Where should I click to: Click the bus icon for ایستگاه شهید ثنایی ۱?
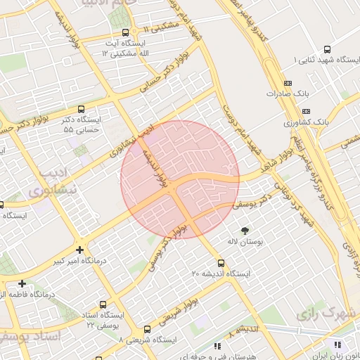click(x=328, y=49)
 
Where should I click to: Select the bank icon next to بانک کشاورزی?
click(x=306, y=111)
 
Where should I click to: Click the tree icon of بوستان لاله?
click(x=245, y=231)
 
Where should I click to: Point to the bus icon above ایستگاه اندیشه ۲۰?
click(x=221, y=262)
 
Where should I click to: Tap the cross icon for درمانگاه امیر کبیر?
click(x=80, y=250)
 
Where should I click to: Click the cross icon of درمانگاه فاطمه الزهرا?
click(x=22, y=283)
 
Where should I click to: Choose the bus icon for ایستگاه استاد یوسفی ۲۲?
click(x=103, y=304)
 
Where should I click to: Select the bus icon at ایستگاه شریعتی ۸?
click(x=147, y=329)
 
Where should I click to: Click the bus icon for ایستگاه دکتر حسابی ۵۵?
click(x=82, y=109)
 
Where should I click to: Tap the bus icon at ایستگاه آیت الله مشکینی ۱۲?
click(x=126, y=32)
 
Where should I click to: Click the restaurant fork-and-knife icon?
click(x=337, y=345)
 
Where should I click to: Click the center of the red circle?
click(x=180, y=179)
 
